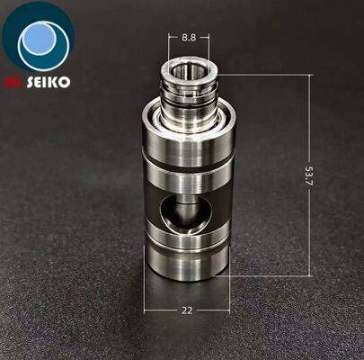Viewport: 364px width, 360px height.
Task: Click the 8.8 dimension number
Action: coord(189,38)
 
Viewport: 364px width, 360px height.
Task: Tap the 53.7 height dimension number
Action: coord(309,178)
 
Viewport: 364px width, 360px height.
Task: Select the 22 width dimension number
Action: coord(187,310)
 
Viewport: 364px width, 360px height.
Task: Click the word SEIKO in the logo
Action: coord(49,82)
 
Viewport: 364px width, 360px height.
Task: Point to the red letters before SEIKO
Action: coord(13,82)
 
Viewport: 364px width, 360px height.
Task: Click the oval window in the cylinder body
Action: coord(185,213)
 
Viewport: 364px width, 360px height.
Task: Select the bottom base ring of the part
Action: coord(187,264)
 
